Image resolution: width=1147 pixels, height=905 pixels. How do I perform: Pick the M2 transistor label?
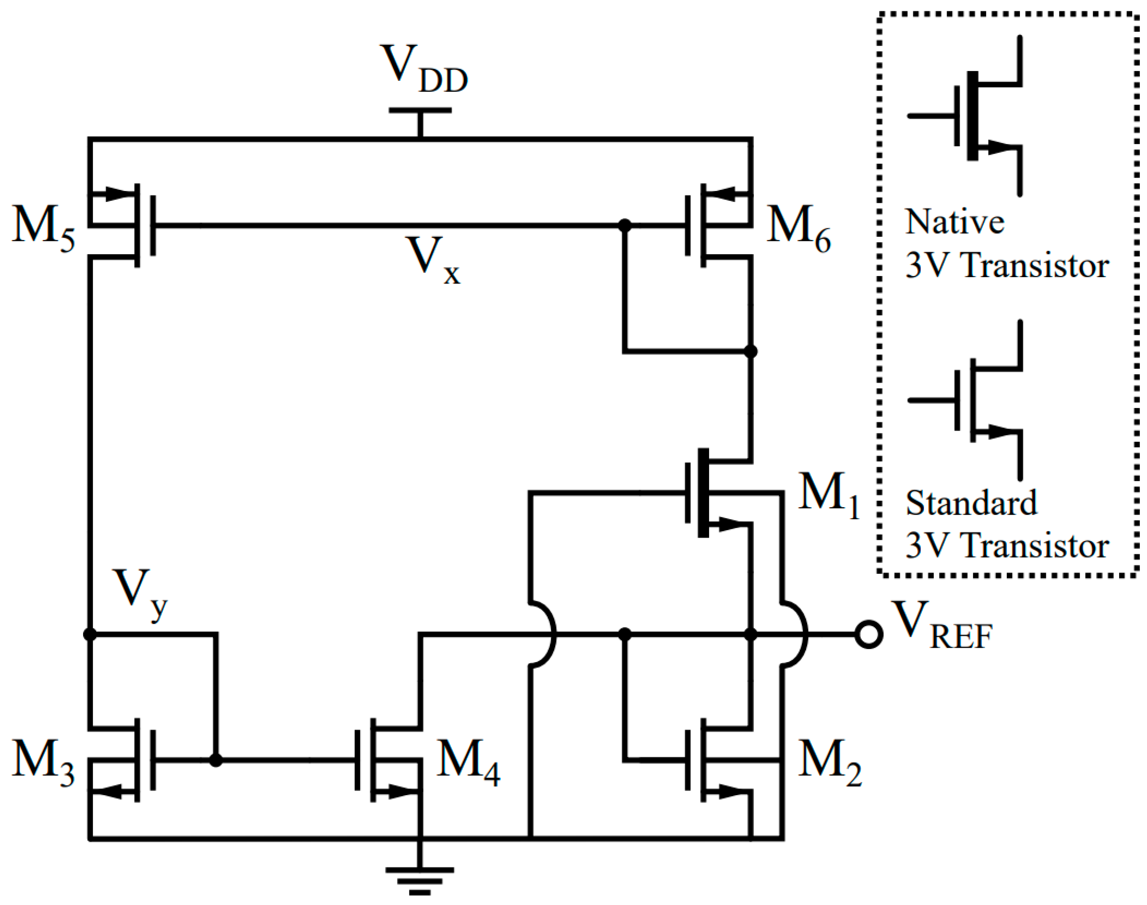tap(829, 763)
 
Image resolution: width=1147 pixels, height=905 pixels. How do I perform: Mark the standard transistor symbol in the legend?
tap(975, 400)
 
